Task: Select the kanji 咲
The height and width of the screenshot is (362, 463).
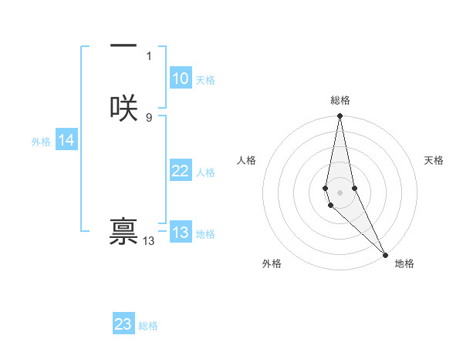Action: click(x=123, y=108)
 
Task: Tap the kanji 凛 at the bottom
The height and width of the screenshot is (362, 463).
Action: click(x=123, y=233)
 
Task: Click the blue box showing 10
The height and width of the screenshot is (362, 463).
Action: click(x=180, y=79)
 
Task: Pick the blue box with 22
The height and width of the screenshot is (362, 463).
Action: click(x=180, y=171)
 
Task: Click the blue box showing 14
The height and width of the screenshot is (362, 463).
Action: click(x=66, y=140)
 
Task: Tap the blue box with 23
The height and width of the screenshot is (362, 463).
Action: click(x=123, y=324)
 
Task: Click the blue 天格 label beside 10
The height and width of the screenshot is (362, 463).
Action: click(x=205, y=80)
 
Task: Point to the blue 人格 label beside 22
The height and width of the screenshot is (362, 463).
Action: click(x=205, y=173)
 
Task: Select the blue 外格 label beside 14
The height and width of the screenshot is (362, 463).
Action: click(x=41, y=142)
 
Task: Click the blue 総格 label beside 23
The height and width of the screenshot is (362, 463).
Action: click(x=148, y=326)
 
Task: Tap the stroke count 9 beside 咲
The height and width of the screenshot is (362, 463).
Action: click(x=149, y=117)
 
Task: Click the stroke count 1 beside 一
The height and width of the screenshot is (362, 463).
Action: click(x=149, y=56)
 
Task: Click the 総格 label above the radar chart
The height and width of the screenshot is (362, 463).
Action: click(x=340, y=100)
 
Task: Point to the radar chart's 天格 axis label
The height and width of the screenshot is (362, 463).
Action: click(x=434, y=160)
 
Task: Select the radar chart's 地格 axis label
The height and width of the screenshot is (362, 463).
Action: click(x=404, y=264)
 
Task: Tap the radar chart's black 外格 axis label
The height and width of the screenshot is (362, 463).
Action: click(x=272, y=264)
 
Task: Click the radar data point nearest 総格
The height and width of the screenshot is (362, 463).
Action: click(x=340, y=116)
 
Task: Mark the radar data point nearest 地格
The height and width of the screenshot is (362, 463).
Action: click(x=385, y=254)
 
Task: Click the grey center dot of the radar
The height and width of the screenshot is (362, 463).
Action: click(x=340, y=192)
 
